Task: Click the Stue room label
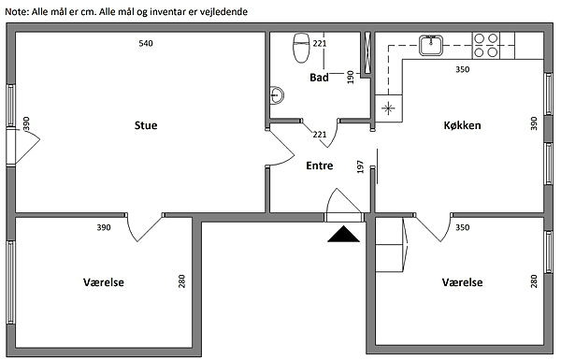pos(146,125)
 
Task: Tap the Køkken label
pos(462,125)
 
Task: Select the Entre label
pos(320,166)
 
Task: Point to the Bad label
pos(319,78)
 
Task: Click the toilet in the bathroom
pos(301,48)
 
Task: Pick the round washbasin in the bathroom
pos(276,95)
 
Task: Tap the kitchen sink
pos(431,45)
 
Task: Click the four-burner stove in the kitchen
pos(486,46)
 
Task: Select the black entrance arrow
pos(343,234)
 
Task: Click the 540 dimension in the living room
pos(146,43)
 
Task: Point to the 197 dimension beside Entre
pos(360,166)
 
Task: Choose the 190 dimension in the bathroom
pos(351,78)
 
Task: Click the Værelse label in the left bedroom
pos(104,282)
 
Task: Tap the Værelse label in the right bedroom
pos(462,282)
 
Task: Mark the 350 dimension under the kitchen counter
pos(462,69)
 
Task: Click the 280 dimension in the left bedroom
pos(181,281)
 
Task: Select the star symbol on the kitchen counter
pos(388,108)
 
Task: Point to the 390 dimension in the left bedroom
pos(104,227)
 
